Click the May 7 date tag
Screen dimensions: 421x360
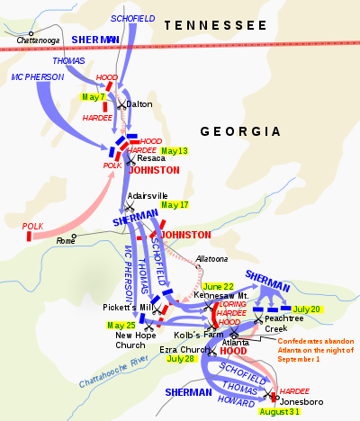click(x=93, y=96)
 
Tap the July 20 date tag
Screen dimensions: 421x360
click(x=308, y=309)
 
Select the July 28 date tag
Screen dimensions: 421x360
click(x=181, y=358)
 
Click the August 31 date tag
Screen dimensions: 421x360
click(x=279, y=411)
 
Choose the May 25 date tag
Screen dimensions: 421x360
click(x=121, y=325)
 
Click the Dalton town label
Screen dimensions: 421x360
click(x=139, y=104)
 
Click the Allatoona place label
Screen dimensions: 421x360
click(x=213, y=259)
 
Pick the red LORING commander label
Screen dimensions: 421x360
click(x=233, y=304)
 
